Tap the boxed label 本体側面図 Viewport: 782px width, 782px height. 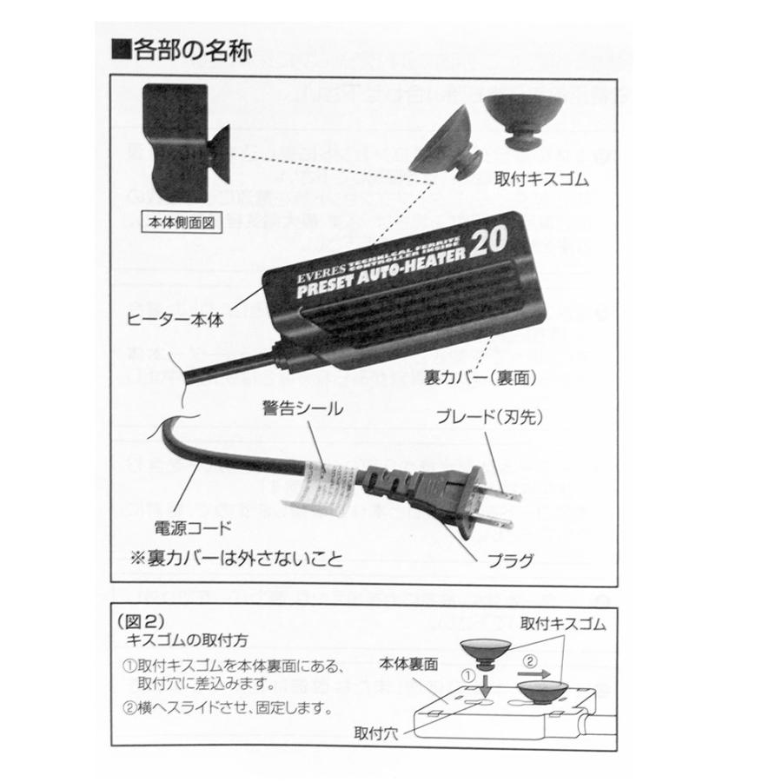coord(181,221)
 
